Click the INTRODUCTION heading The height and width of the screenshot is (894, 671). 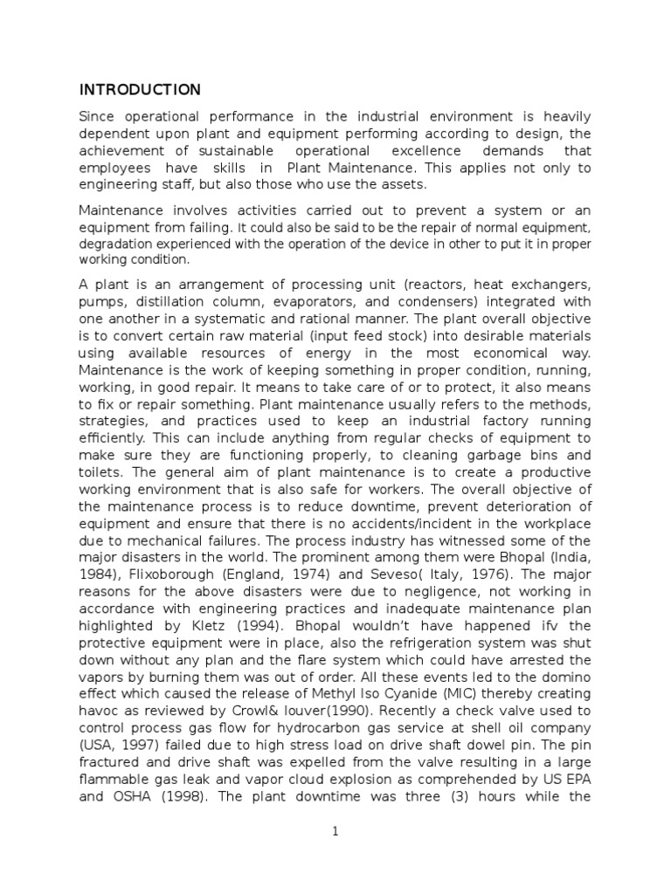point(140,90)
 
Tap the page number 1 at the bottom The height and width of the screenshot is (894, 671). point(335,832)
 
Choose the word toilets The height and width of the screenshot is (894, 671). point(102,472)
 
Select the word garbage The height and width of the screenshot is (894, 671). point(473,456)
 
